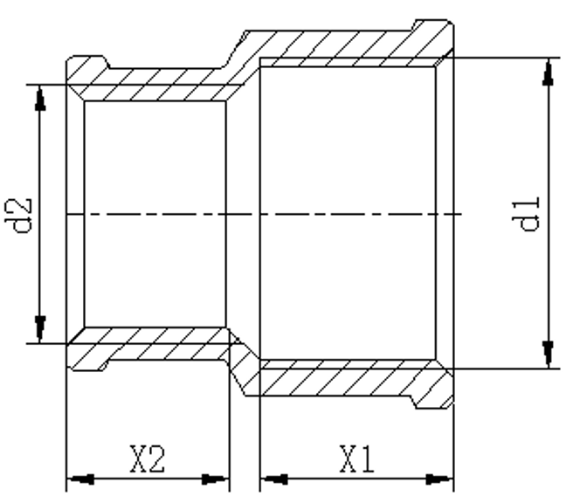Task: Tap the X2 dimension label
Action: (x=146, y=459)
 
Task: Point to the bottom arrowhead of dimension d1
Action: (x=548, y=354)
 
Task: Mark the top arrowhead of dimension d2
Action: (x=39, y=99)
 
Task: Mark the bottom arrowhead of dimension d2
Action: (x=39, y=329)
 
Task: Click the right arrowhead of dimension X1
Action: (x=441, y=479)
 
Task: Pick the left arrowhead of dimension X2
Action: (x=81, y=479)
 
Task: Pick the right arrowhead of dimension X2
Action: (x=214, y=479)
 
